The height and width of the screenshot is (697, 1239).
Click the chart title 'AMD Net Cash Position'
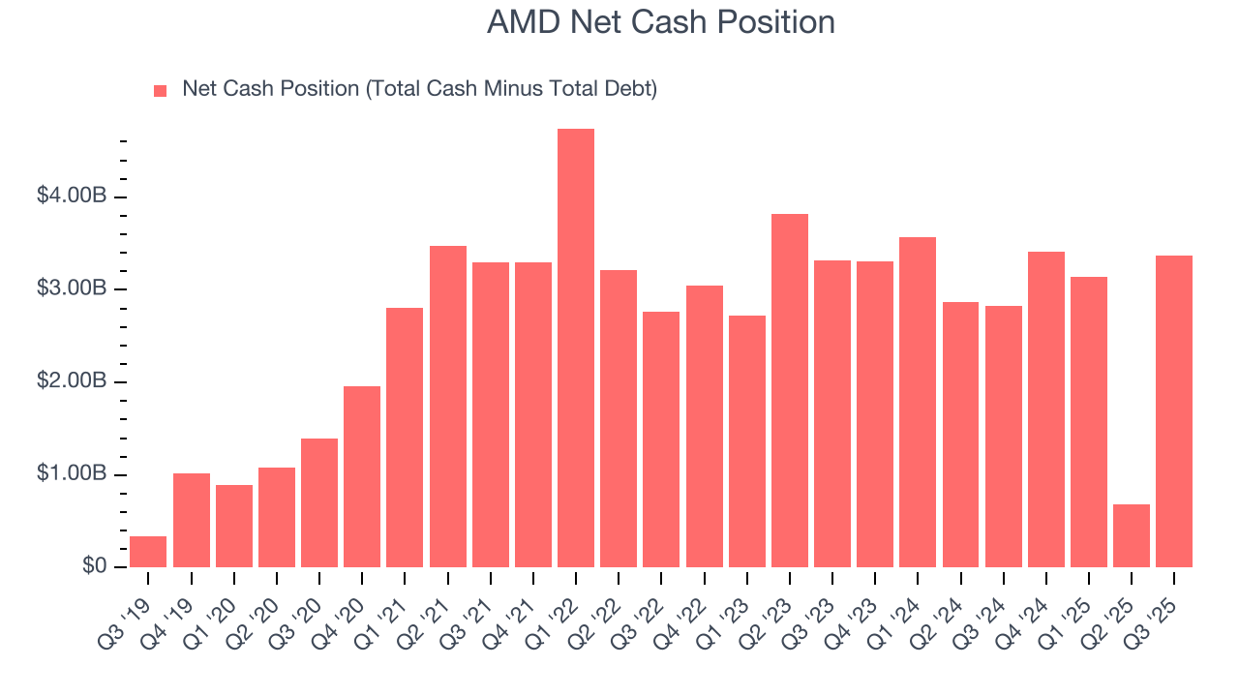pyautogui.click(x=660, y=22)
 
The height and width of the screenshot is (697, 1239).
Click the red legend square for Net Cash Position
pyautogui.click(x=161, y=90)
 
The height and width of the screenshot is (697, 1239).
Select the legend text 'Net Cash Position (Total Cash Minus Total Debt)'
pyautogui.click(x=419, y=89)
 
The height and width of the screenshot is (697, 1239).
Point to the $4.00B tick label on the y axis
pyautogui.click(x=72, y=197)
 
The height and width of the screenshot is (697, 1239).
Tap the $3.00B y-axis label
pyautogui.click(x=72, y=289)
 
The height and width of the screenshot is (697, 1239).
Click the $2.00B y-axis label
pyautogui.click(x=72, y=381)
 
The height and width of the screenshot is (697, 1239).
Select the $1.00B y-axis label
pyautogui.click(x=72, y=474)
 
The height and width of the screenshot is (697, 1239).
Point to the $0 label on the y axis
pyautogui.click(x=92, y=566)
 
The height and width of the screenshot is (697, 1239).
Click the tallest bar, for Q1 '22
pyautogui.click(x=576, y=348)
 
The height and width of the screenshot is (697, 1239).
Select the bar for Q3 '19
pyautogui.click(x=148, y=552)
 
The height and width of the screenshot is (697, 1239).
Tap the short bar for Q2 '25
pyautogui.click(x=1132, y=535)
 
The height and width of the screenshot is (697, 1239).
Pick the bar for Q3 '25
pyautogui.click(x=1174, y=411)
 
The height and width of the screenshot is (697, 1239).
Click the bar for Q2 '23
pyautogui.click(x=790, y=390)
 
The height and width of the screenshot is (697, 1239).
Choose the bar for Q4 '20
pyautogui.click(x=362, y=476)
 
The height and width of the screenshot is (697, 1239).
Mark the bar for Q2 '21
pyautogui.click(x=448, y=407)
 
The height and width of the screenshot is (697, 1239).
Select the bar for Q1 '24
pyautogui.click(x=918, y=402)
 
